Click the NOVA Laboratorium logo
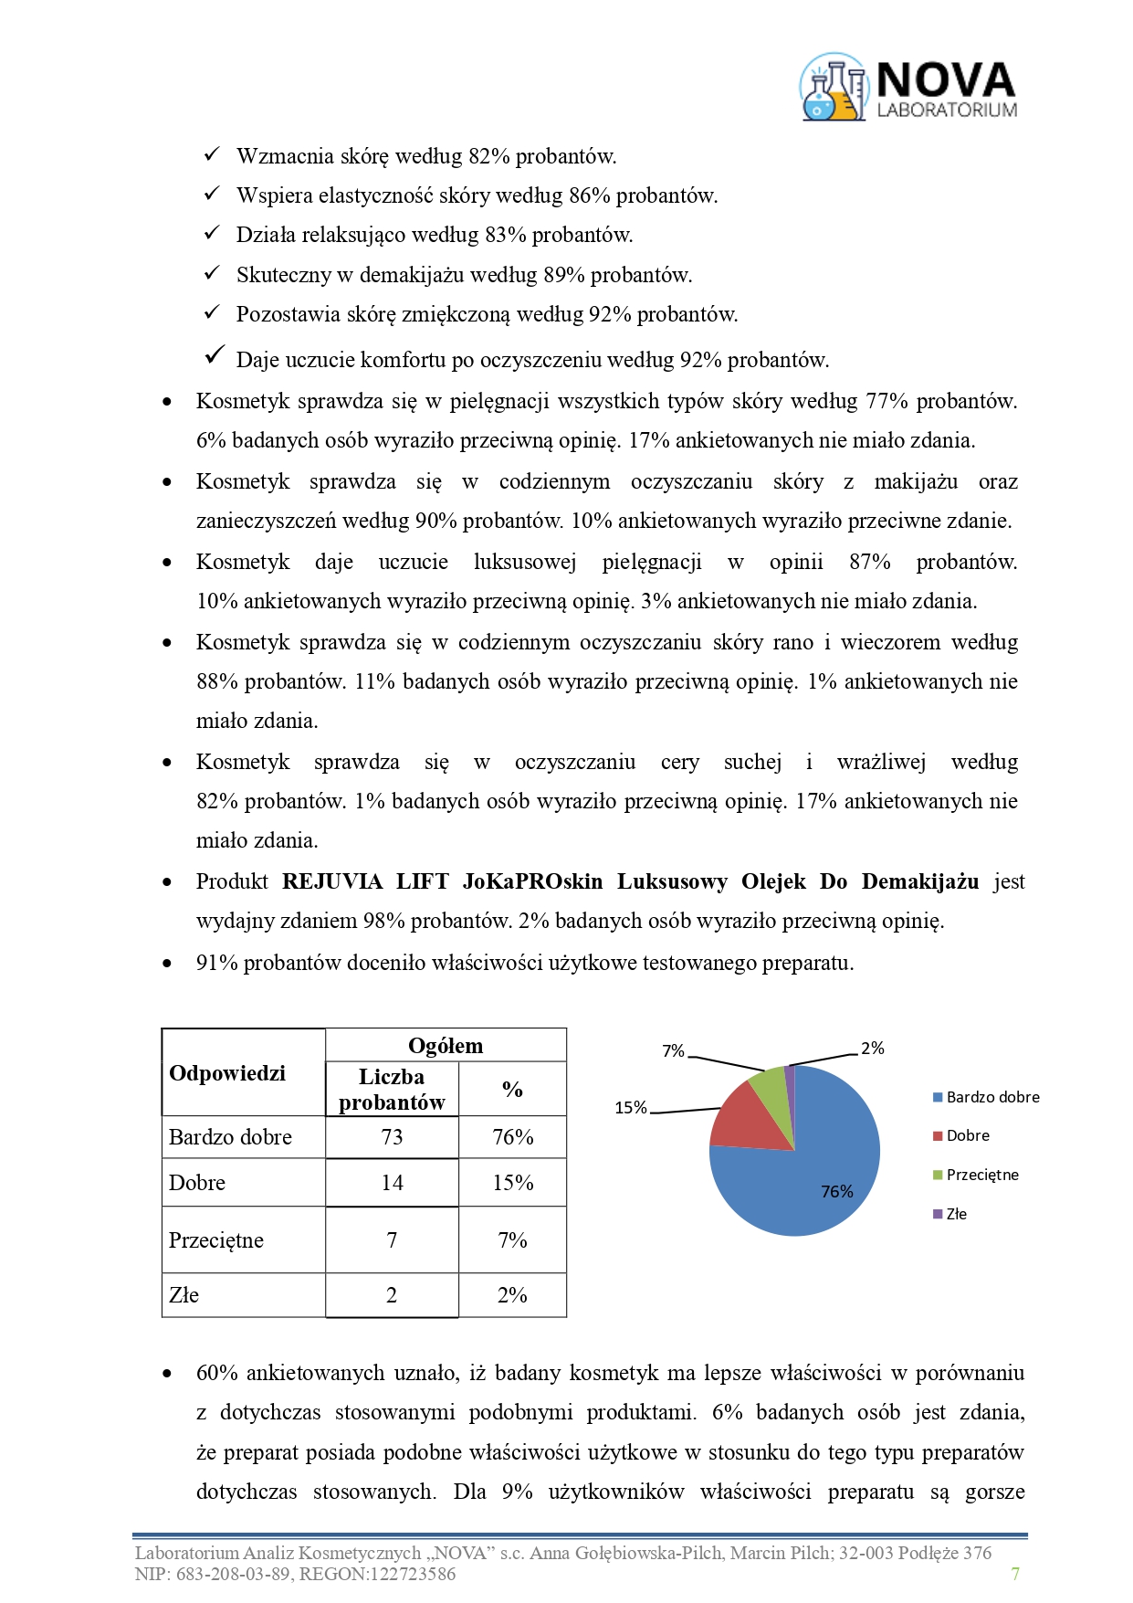[908, 88]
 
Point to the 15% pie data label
[631, 1108]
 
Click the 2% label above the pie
[873, 1049]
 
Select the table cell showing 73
[392, 1137]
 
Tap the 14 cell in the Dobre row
[392, 1183]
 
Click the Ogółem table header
[446, 1046]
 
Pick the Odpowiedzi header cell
[227, 1073]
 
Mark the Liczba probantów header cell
[392, 1090]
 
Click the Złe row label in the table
[184, 1295]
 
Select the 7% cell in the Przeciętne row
[512, 1240]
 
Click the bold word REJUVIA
[332, 881]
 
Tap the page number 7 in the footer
[1015, 1573]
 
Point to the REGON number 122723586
[411, 1574]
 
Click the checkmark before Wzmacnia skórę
[212, 154]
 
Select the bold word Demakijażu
[919, 881]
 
